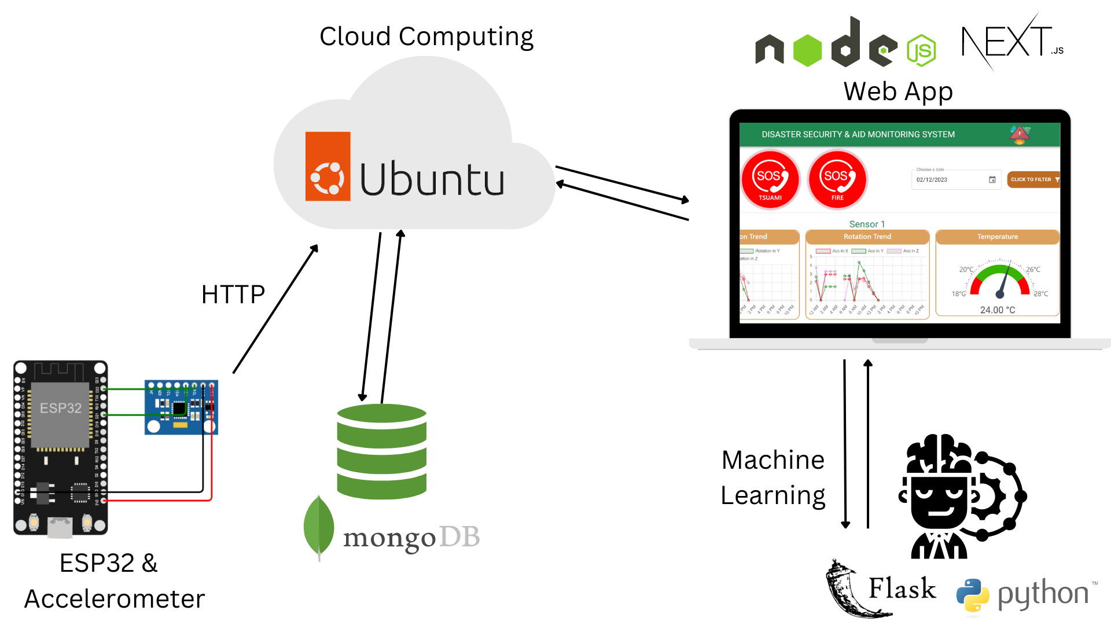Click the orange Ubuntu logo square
click(x=328, y=166)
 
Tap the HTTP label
click(x=233, y=295)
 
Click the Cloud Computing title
click(x=426, y=36)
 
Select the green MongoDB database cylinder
click(x=381, y=451)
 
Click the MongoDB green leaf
click(x=319, y=526)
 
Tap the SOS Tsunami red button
click(x=770, y=179)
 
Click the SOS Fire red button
click(x=837, y=179)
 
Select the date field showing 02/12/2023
click(x=955, y=179)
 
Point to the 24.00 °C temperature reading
click(x=997, y=310)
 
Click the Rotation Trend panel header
click(x=867, y=237)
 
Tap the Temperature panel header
click(x=997, y=237)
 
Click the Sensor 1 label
click(x=867, y=224)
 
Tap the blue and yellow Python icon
click(x=972, y=595)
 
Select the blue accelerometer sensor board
click(x=181, y=407)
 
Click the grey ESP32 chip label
click(x=60, y=408)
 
